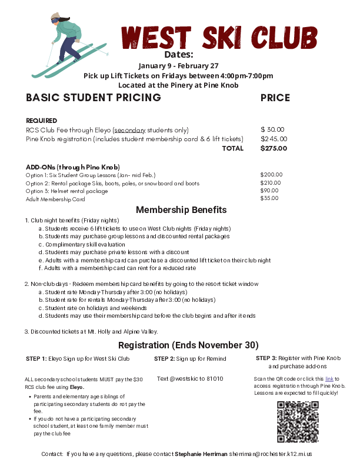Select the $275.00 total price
coord(274,148)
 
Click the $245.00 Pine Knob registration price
coord(274,139)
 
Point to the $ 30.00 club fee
coord(272,129)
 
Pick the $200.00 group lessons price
coord(271,175)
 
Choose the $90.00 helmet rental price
coord(269,191)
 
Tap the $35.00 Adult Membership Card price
coord(269,199)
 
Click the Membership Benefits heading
coord(181,210)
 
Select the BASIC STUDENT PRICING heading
coord(94,98)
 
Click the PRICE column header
coord(275,98)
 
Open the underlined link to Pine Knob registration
coord(329,379)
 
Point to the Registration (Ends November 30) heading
coord(188,345)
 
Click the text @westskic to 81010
coord(190,378)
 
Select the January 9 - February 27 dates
coord(178,65)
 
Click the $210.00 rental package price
coord(271,183)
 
